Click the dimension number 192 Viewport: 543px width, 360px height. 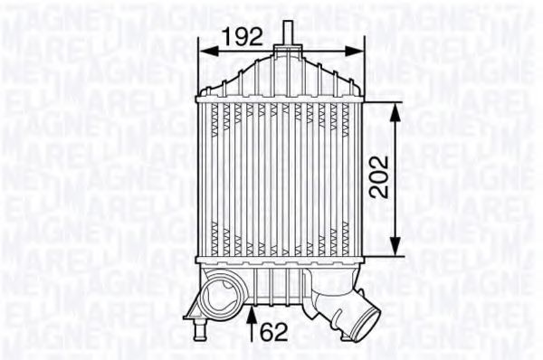(x=242, y=36)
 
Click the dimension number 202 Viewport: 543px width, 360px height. (x=379, y=177)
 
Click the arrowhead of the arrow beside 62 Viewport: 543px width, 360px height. (x=252, y=311)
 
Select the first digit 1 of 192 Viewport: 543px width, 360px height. (x=227, y=36)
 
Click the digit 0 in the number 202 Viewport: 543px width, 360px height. (x=379, y=177)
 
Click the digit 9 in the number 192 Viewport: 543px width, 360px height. (x=241, y=36)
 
